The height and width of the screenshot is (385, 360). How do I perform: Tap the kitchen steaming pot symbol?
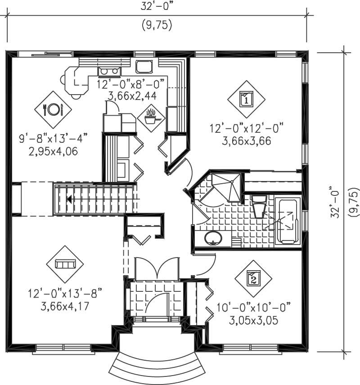pos(151,118)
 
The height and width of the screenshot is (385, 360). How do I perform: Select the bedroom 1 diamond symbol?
pos(246,99)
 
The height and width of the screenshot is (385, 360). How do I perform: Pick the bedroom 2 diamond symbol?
pos(253,279)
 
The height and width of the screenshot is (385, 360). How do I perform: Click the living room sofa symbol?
pos(65,264)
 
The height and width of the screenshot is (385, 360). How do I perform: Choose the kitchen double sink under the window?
pos(109,71)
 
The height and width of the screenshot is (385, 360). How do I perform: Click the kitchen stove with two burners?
pos(144,67)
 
